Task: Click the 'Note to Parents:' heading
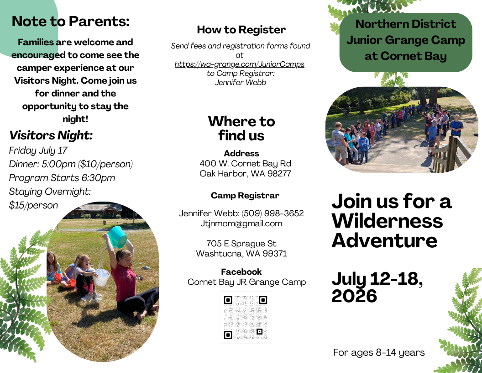71,21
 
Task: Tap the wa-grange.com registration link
240,64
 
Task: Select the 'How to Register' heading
241,30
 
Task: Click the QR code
245,317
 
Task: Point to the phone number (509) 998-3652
272,213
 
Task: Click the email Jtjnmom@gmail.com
241,224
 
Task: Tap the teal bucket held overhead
117,236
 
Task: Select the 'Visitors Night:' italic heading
51,135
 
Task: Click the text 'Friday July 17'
38,150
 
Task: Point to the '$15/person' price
33,205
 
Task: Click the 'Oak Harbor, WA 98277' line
245,174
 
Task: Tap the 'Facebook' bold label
241,272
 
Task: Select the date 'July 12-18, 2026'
377,287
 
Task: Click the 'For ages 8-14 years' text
379,352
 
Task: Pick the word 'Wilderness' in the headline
388,221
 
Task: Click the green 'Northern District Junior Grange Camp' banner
406,43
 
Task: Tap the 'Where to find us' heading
241,128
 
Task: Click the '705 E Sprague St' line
241,244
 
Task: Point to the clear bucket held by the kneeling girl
102,277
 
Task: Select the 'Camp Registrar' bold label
245,196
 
